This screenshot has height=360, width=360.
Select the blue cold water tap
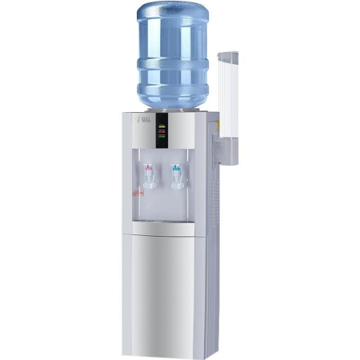176,174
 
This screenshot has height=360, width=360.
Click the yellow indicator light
162,126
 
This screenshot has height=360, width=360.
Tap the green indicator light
162,138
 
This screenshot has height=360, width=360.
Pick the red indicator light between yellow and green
162,132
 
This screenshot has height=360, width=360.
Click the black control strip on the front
162,130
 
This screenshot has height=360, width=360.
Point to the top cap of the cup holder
227,55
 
